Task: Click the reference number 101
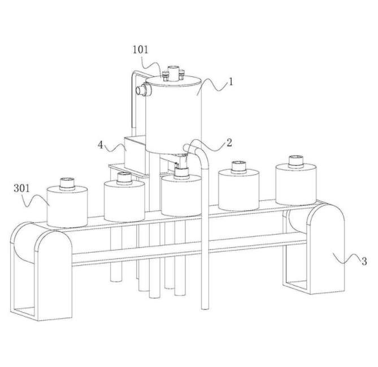pyautogui.click(x=141, y=50)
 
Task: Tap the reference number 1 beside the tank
pyautogui.click(x=231, y=83)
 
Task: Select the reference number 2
pyautogui.click(x=229, y=143)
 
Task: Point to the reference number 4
pyautogui.click(x=101, y=145)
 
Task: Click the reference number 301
pyautogui.click(x=21, y=188)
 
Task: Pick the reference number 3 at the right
pyautogui.click(x=364, y=261)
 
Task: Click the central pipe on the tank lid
pyautogui.click(x=173, y=72)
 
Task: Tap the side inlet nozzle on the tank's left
pyautogui.click(x=143, y=90)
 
